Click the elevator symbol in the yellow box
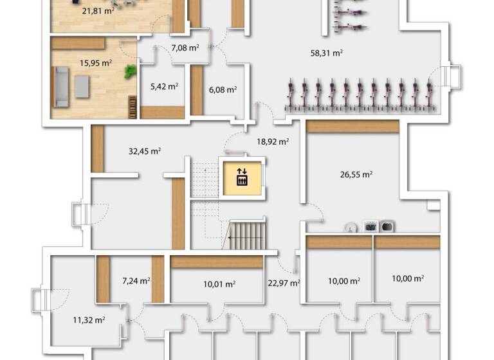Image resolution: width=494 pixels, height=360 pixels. [242, 176]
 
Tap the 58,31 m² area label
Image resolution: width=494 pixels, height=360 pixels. [326, 53]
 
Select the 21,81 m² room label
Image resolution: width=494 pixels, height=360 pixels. [98, 11]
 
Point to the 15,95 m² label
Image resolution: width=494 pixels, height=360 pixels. [96, 63]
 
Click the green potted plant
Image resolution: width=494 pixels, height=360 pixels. [131, 71]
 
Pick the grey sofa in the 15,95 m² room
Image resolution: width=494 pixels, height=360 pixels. [61, 87]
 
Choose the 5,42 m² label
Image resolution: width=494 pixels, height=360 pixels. [164, 86]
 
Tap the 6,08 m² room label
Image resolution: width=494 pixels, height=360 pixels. [223, 89]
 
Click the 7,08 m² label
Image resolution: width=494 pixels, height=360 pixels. [185, 48]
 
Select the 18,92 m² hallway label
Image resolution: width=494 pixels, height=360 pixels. [273, 141]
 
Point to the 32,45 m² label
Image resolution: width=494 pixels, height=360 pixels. [145, 152]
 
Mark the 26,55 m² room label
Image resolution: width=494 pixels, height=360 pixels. [356, 174]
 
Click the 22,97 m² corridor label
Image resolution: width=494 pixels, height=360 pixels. [284, 282]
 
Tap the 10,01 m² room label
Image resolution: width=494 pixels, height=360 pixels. [219, 283]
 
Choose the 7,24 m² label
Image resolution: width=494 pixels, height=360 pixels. [136, 280]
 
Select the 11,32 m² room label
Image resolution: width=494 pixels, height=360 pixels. [89, 319]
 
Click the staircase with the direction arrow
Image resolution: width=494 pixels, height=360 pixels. [246, 235]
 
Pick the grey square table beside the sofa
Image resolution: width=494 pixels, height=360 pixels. [82, 86]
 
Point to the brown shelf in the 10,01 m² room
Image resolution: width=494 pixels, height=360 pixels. [217, 262]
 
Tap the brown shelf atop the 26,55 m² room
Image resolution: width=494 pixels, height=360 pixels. [352, 127]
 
